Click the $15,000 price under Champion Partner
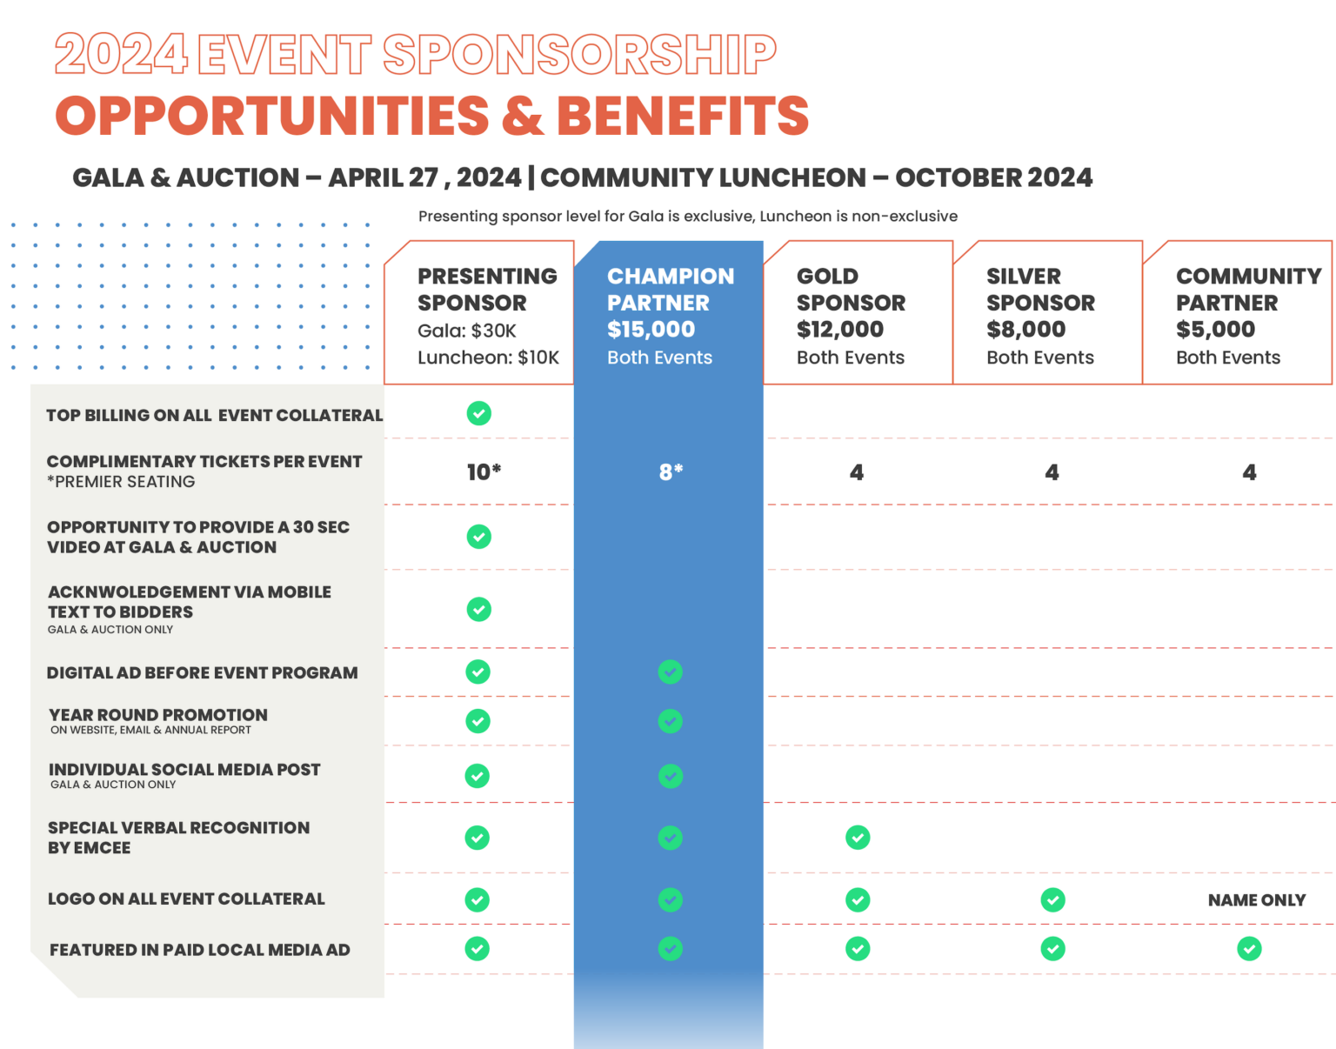point(651,330)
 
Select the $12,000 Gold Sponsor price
point(840,330)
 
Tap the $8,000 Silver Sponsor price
point(1025,330)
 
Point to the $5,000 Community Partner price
point(1215,330)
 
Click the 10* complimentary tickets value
point(484,472)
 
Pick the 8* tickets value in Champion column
point(671,472)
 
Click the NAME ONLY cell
point(1256,900)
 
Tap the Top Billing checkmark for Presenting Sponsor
point(478,413)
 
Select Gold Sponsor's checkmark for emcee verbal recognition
point(858,838)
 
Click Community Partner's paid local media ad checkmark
point(1249,948)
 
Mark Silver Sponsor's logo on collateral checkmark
point(1052,899)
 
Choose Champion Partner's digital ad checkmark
point(670,671)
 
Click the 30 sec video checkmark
point(478,537)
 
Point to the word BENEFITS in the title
point(683,117)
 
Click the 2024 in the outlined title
point(121,54)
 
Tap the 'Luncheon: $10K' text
point(488,357)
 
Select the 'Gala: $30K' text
point(467,331)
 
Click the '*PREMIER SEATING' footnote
point(121,482)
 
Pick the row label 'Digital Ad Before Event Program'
point(202,672)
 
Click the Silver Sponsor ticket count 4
point(1052,472)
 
